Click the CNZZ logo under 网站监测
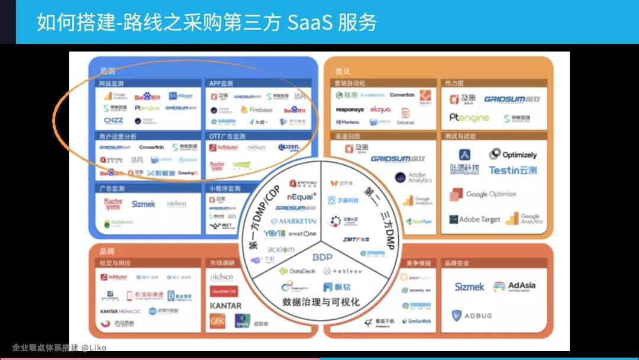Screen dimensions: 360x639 coord(114,121)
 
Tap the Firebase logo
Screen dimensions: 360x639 coord(257,110)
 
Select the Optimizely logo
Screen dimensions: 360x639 coord(513,155)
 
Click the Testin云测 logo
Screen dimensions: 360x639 coord(512,171)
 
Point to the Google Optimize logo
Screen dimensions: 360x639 coord(483,194)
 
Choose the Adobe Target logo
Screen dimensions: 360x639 coord(475,219)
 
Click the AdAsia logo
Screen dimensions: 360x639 coord(514,286)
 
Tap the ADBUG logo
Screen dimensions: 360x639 coord(472,316)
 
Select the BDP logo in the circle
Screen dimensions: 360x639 coord(322,257)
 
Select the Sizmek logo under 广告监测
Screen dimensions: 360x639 coord(143,204)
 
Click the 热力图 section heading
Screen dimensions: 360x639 coord(454,83)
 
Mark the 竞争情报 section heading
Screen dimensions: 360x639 coord(418,263)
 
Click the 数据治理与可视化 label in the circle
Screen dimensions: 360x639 coord(321,302)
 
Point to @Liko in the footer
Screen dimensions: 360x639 coord(94,348)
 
